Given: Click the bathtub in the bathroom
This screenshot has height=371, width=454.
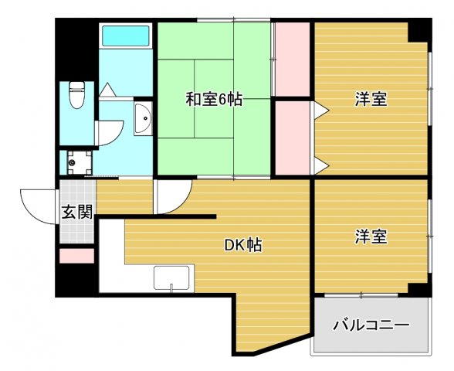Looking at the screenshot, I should (x=124, y=36).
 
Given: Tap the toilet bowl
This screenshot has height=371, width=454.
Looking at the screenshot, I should (x=77, y=96).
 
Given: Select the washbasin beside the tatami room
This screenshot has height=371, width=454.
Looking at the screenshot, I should (x=143, y=119).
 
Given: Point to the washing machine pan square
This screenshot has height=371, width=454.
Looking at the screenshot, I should (x=76, y=162).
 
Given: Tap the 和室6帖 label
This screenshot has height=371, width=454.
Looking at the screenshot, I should (x=214, y=99).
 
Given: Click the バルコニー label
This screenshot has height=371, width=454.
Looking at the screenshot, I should (x=371, y=325).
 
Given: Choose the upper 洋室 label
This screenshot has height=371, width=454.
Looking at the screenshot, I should (x=371, y=99).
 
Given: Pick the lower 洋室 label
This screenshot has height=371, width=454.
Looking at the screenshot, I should (x=371, y=237).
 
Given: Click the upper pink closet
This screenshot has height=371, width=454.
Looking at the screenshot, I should (x=293, y=60).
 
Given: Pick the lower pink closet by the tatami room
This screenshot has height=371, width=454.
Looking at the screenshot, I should (x=293, y=138).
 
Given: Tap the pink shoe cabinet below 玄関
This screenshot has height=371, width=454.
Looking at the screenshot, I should (x=76, y=255).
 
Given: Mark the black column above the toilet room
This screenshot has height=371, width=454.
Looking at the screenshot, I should (x=76, y=50).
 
